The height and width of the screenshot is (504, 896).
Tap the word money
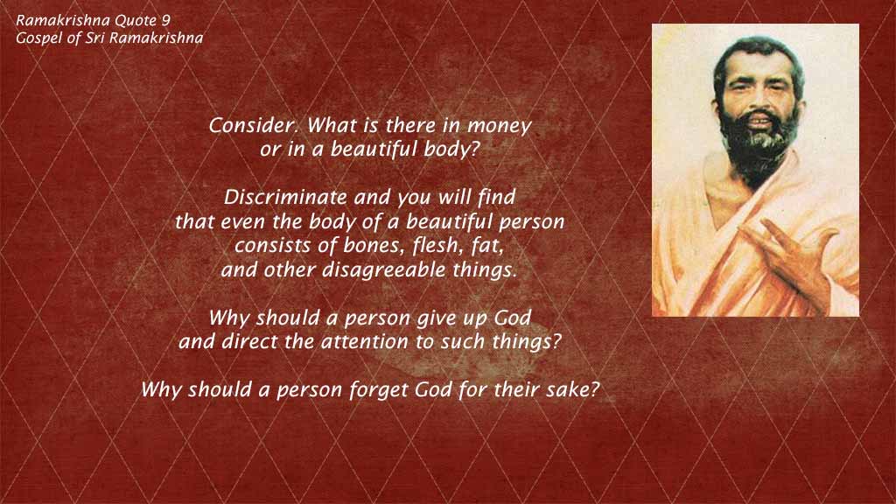[500, 126]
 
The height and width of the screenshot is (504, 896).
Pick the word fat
[488, 246]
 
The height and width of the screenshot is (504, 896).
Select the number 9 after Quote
[165, 21]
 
